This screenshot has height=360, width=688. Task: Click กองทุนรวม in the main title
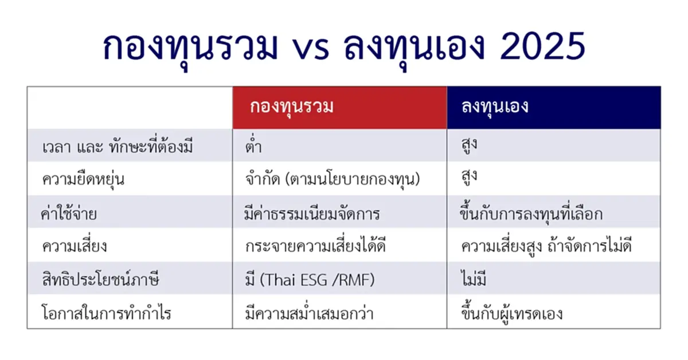tap(189, 48)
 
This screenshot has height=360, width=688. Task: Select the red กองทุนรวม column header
tap(292, 107)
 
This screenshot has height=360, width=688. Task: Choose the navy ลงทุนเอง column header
tap(495, 107)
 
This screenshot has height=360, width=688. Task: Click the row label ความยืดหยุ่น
tap(84, 179)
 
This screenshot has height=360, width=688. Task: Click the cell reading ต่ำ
tap(253, 146)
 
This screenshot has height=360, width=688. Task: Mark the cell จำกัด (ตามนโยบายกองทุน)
tap(332, 179)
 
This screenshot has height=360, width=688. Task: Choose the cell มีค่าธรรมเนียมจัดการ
tap(312, 213)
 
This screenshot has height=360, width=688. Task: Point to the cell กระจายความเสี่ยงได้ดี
tap(315, 247)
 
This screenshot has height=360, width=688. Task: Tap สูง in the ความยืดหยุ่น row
tap(470, 179)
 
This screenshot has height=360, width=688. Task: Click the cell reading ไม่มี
tap(475, 280)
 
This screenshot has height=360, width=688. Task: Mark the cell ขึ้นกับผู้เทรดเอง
tap(511, 314)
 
